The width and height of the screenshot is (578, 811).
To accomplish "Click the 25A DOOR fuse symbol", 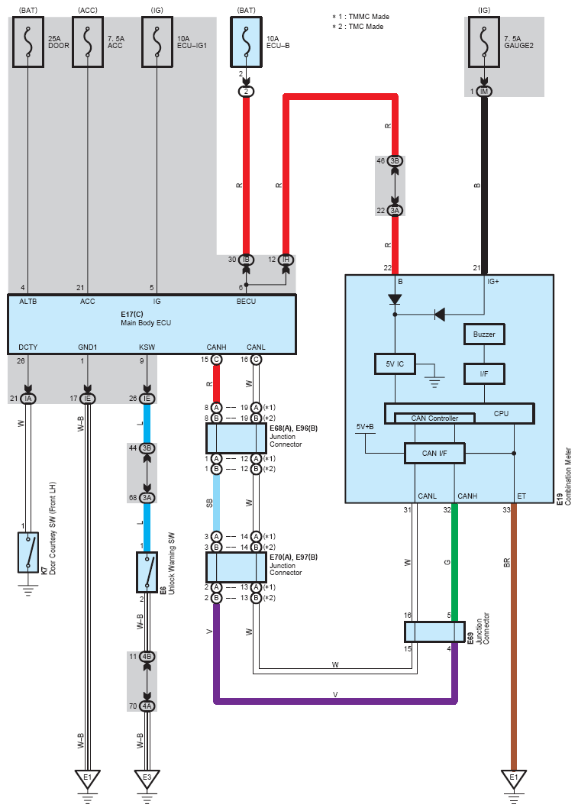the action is click(x=28, y=42).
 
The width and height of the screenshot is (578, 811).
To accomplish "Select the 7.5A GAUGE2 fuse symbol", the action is click(x=484, y=42).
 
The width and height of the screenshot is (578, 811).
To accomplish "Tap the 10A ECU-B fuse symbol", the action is click(x=246, y=42).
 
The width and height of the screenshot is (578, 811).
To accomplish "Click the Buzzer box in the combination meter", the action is click(x=484, y=334).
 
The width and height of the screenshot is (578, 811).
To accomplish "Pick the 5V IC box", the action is click(x=395, y=363).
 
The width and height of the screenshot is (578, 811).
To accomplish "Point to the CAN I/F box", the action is click(x=434, y=453).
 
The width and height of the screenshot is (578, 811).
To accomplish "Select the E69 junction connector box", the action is click(x=434, y=632).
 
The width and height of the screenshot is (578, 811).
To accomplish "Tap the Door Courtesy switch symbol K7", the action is click(x=28, y=552).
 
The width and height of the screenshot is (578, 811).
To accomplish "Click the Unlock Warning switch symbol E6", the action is click(x=147, y=572).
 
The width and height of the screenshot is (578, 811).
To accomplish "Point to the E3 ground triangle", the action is click(x=147, y=778).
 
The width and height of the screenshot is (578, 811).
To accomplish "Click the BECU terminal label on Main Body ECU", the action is click(x=246, y=302).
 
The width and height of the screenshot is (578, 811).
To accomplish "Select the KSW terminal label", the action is click(x=147, y=347).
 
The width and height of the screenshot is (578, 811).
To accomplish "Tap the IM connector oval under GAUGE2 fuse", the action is click(x=484, y=92).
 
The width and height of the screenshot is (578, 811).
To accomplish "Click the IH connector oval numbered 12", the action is click(x=286, y=260).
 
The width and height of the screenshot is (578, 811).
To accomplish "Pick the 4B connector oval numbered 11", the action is click(x=147, y=656).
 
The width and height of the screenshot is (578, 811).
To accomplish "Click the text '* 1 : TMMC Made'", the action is click(x=361, y=17).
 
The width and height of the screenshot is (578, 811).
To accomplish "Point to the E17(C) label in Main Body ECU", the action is click(x=132, y=314).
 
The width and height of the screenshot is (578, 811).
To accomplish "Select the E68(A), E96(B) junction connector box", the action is click(x=236, y=438).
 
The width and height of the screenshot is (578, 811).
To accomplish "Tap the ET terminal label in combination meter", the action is click(x=521, y=496).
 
